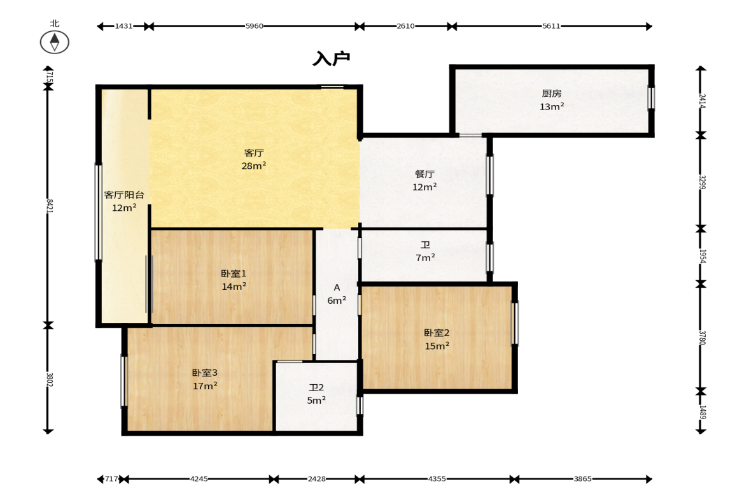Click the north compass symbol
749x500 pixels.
[55, 42]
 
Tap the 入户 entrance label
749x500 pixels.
[332, 59]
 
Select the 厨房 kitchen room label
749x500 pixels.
[552, 100]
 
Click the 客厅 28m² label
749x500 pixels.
[254, 159]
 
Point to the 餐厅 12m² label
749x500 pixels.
[424, 180]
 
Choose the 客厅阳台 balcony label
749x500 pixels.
[124, 201]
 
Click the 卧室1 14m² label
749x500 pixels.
[234, 280]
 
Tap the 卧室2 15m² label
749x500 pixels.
[437, 339]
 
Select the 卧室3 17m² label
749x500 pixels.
[205, 379]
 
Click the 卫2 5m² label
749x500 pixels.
[316, 394]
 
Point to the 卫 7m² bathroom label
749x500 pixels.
[425, 252]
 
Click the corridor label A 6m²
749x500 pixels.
[337, 294]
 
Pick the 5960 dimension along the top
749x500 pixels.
[254, 26]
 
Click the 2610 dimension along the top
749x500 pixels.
[405, 26]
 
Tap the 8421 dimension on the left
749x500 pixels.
[49, 206]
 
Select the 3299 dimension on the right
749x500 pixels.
[702, 182]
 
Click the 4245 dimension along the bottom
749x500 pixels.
[199, 478]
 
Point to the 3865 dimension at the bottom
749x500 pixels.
[583, 478]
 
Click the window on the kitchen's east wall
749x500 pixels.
[650, 97]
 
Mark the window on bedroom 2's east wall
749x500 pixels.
[514, 323]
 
